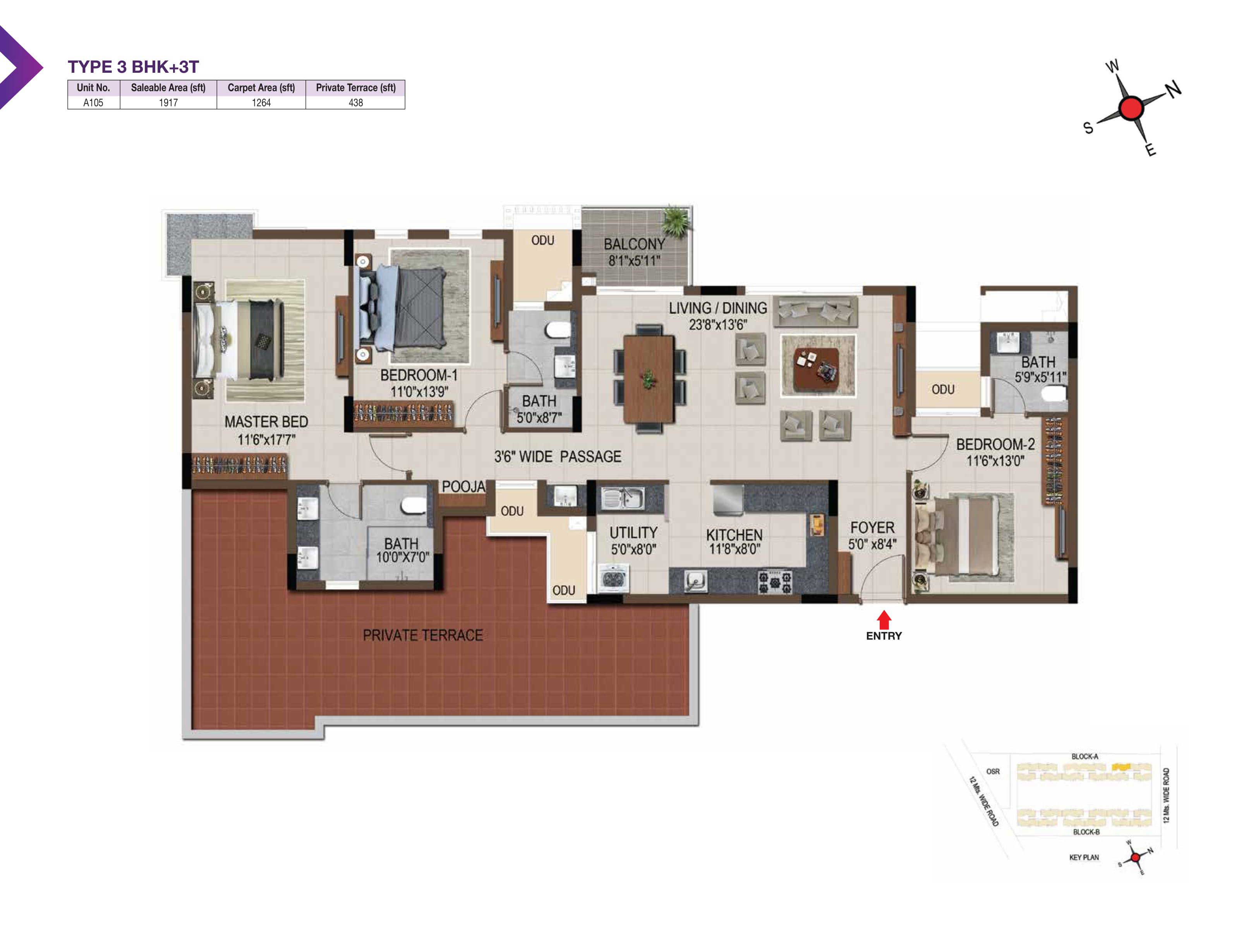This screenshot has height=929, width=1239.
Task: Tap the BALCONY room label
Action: pos(634,244)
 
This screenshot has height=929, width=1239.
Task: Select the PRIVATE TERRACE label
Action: pos(423,635)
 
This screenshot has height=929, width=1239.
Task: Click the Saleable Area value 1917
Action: pos(168,103)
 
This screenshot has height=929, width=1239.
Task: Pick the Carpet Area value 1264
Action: pos(261,103)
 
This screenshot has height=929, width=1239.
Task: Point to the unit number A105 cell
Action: pos(94,103)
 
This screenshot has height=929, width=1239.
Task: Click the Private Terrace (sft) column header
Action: pos(356,87)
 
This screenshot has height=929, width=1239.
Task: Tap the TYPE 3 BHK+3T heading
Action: pos(133,67)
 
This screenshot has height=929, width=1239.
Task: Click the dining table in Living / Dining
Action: pos(649,379)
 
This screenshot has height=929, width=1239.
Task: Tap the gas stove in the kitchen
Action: pos(775,582)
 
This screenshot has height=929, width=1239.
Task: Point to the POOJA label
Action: pos(463,486)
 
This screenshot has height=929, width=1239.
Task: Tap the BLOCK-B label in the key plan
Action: pos(1086,831)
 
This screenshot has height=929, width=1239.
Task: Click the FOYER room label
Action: pos(872,528)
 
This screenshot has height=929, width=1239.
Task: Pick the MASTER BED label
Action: pos(266,422)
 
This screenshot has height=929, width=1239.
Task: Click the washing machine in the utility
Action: pos(614,578)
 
